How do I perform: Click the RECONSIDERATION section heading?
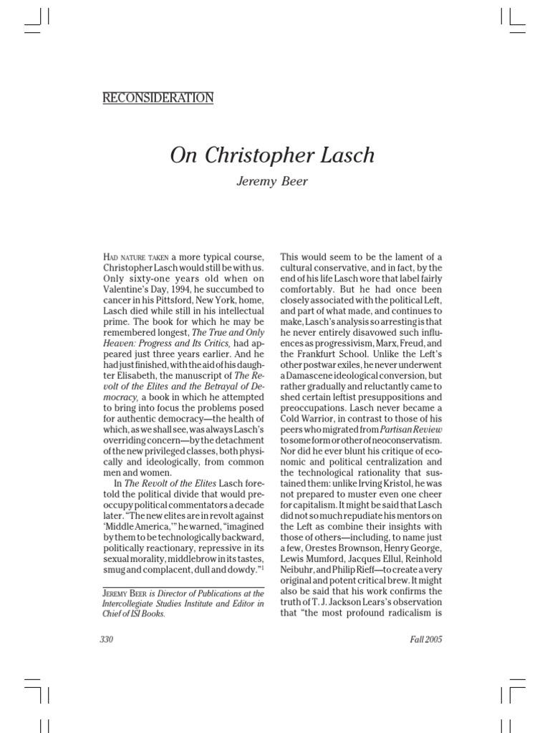[x=158, y=98]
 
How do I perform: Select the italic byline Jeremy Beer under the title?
[x=272, y=182]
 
